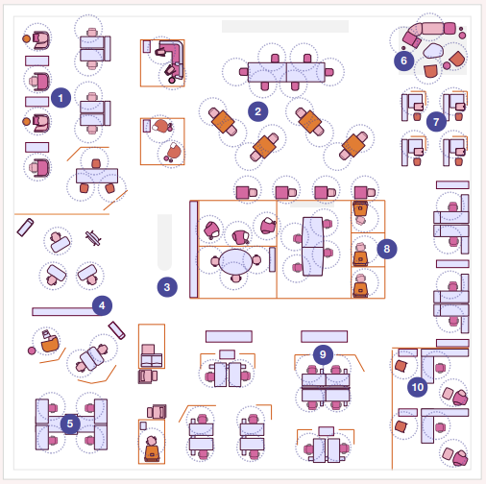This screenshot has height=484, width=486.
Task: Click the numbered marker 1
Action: tap(61, 98)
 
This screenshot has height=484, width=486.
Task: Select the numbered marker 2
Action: tap(257, 111)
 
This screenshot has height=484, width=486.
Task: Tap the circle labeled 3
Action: tap(167, 287)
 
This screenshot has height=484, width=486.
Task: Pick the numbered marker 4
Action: tap(102, 305)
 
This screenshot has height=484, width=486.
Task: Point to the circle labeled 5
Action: tap(70, 423)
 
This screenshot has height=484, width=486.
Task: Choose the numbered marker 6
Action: tap(403, 60)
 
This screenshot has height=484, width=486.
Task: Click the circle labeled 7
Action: tap(436, 122)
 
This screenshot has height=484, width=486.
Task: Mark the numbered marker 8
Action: tap(387, 249)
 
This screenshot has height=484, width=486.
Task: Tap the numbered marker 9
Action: tap(323, 354)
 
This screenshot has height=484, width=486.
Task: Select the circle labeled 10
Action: tap(418, 387)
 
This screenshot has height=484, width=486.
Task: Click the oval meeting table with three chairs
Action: tap(236, 262)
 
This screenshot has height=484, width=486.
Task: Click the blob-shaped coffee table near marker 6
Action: tap(433, 51)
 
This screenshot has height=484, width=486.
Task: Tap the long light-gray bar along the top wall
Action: tap(285, 26)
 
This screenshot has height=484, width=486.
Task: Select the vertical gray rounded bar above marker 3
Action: tap(164, 242)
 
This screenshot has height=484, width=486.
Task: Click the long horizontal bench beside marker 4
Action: tap(64, 311)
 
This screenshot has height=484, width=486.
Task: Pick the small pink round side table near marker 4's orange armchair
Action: tap(32, 351)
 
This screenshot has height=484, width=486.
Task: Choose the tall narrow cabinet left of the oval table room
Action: tap(194, 249)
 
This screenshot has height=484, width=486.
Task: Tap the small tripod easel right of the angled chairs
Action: tap(93, 238)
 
